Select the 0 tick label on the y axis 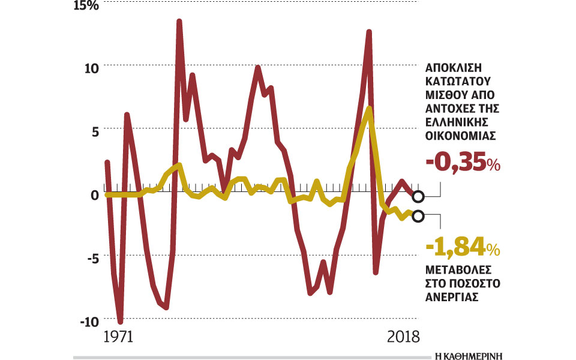(x=94, y=195)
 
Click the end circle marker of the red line (x=418, y=196)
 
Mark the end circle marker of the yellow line (x=418, y=216)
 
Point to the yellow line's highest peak (x=369, y=108)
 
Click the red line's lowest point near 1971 (x=121, y=322)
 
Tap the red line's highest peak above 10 (x=179, y=22)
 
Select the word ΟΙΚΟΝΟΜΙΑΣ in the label (x=460, y=136)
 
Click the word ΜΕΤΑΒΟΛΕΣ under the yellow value (x=459, y=270)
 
